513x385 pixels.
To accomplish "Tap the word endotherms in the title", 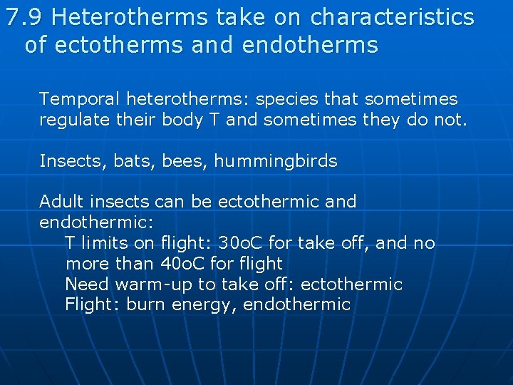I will (310, 45).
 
